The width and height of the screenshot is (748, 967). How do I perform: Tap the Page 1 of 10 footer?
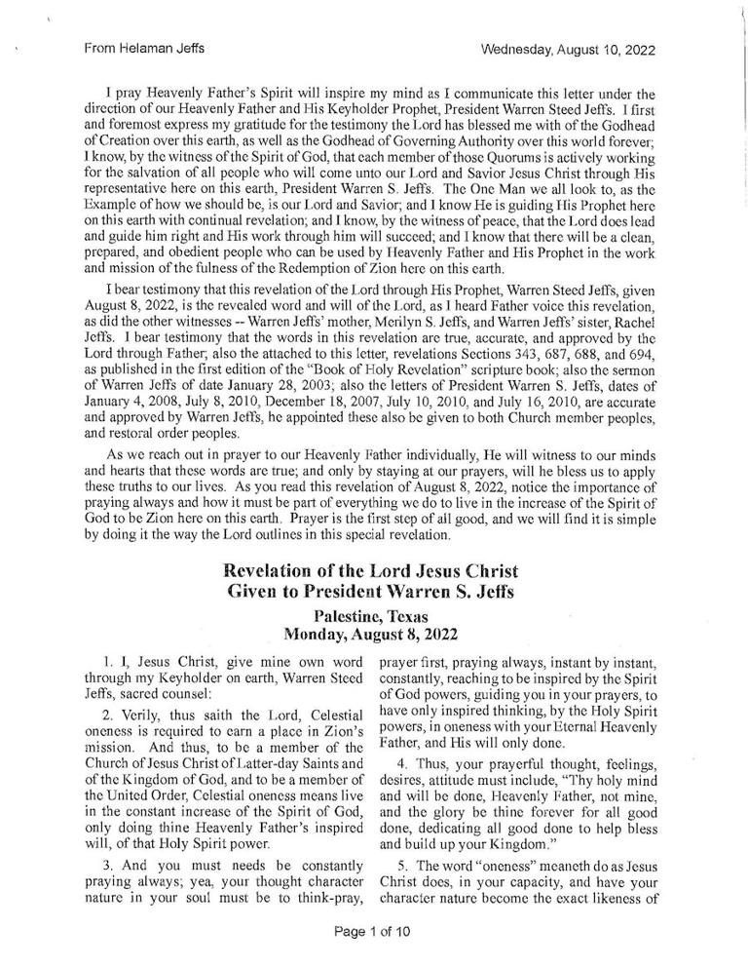tap(373, 931)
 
